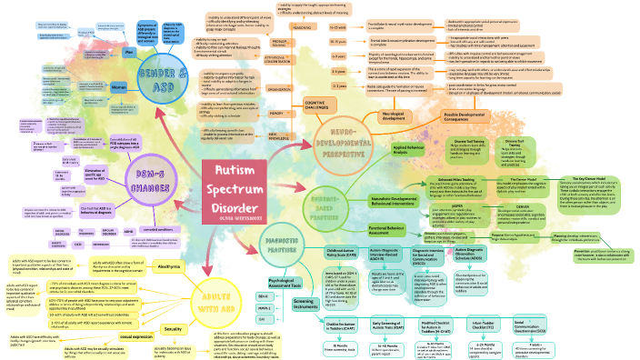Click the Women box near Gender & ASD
(117, 87)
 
